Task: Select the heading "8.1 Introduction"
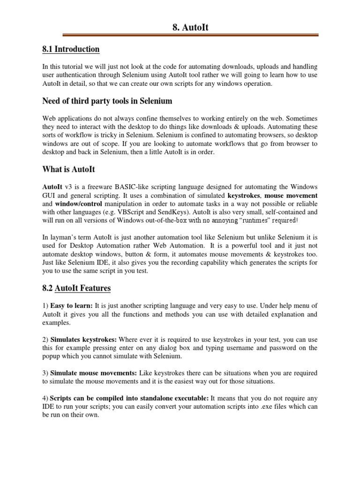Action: pos(70,49)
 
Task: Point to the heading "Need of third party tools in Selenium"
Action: pos(107,101)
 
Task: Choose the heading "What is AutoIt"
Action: pos(69,169)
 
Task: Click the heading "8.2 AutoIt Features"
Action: pos(76,288)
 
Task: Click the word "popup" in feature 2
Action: pos(52,356)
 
